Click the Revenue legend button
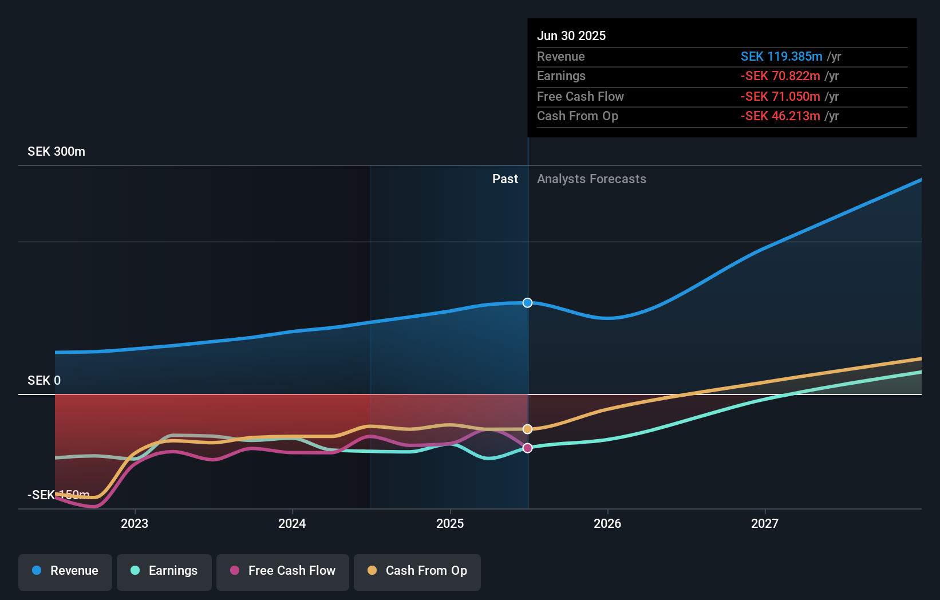(65, 571)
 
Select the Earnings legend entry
(164, 571)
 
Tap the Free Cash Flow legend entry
(283, 571)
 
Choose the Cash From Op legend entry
(417, 571)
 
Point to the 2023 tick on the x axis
(135, 523)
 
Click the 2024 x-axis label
(292, 523)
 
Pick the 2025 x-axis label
(450, 523)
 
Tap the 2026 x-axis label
(607, 523)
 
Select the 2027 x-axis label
(765, 523)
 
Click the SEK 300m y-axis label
(56, 152)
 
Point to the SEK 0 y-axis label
(44, 381)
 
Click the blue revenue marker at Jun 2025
(527, 303)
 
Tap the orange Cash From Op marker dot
(527, 429)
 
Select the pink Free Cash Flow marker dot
(527, 448)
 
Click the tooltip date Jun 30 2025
(571, 35)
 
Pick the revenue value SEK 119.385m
(781, 57)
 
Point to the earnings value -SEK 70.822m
(780, 76)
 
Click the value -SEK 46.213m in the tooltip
(780, 116)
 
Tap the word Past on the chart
(505, 179)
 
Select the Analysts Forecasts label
(591, 179)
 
